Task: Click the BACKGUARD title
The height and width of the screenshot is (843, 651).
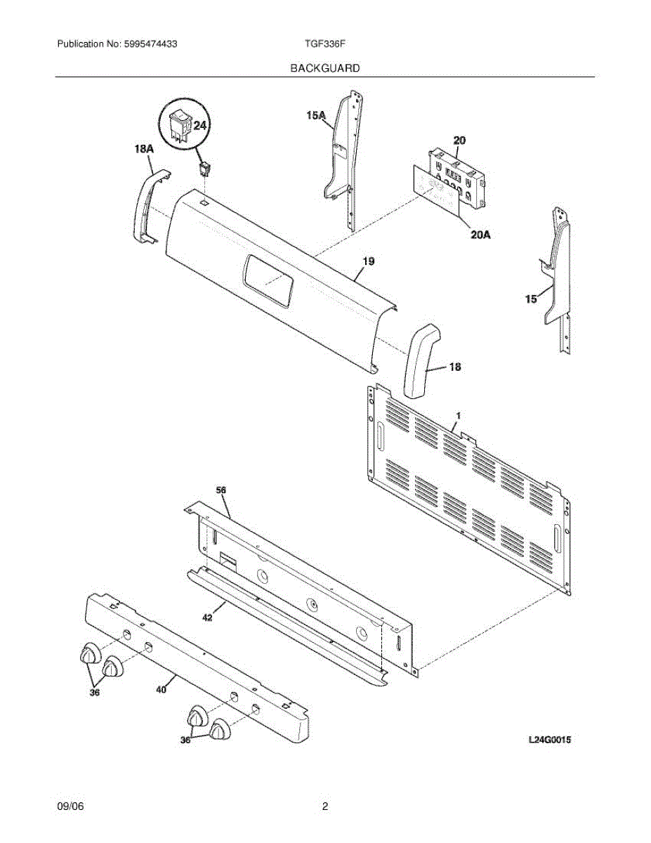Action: [325, 68]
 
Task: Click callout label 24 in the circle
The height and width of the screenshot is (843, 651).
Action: [200, 126]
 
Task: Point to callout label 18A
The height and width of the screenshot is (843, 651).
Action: [143, 149]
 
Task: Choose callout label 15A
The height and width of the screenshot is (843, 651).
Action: [316, 115]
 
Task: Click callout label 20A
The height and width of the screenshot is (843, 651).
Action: [480, 235]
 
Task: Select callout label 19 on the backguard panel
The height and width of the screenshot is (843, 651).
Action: [368, 261]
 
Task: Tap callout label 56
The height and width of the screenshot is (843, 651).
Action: [221, 489]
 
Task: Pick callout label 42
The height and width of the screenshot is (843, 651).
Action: [207, 618]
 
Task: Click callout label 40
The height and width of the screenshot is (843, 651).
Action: [161, 690]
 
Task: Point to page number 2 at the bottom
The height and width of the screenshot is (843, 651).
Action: [325, 807]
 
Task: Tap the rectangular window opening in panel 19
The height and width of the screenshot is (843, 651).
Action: [267, 281]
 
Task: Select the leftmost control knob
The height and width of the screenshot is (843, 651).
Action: [88, 654]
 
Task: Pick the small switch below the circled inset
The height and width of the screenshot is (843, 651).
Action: [205, 169]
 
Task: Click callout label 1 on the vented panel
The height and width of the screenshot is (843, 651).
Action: [457, 417]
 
